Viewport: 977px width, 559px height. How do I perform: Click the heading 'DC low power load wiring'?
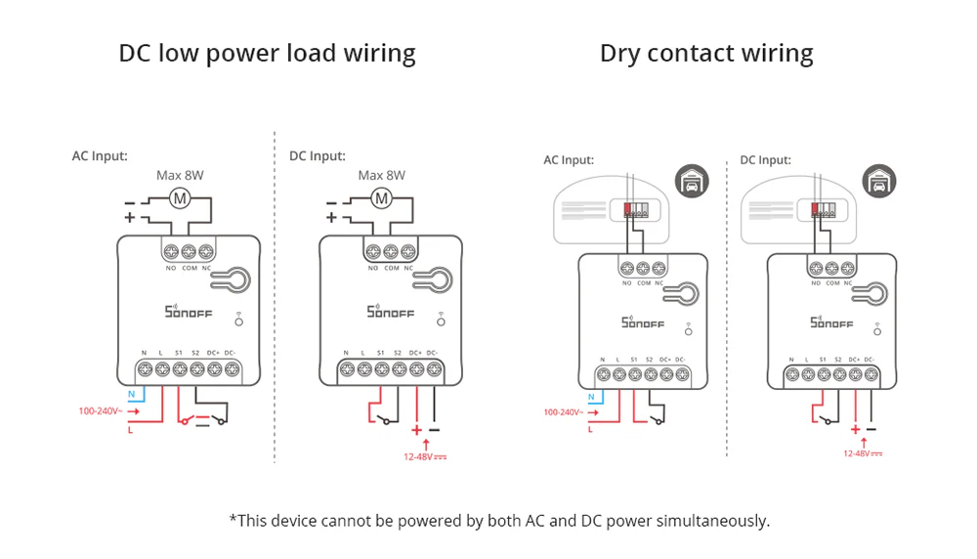point(267,53)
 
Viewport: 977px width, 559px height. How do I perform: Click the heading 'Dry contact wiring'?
point(706,53)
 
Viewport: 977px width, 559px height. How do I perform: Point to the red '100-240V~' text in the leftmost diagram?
point(99,411)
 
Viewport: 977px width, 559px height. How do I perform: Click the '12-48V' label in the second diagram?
point(424,455)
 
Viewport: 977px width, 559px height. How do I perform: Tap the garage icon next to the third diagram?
point(692,181)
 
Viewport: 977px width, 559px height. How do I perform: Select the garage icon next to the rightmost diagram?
point(878,181)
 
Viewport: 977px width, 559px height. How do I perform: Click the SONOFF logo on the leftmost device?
point(180,312)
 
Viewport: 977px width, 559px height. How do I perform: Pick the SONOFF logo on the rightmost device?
point(831,322)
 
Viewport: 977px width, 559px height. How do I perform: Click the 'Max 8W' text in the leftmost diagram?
point(181,176)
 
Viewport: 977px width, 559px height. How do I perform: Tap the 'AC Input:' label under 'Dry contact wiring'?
point(569,160)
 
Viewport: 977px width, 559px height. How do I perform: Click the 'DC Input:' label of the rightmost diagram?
point(765,160)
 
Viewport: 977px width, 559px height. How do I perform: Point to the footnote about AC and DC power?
point(499,520)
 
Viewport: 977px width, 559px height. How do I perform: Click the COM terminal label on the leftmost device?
point(189,267)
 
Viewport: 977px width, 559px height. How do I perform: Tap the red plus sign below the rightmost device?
point(855,429)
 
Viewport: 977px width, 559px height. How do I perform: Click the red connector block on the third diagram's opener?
point(626,207)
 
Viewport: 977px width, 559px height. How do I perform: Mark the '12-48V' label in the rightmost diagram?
point(861,453)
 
